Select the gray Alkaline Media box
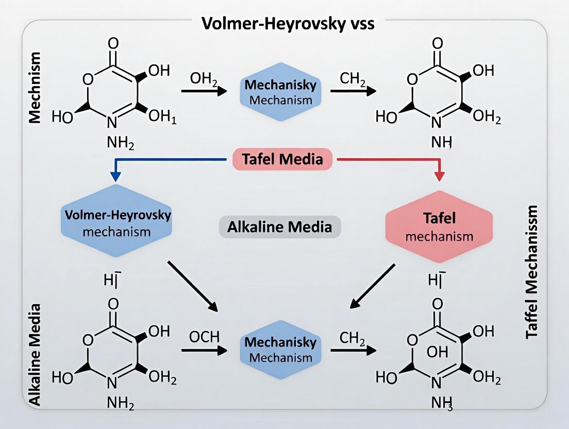[x=280, y=226]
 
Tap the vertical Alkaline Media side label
[x=35, y=355]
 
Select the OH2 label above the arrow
[x=204, y=79]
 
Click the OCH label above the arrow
[x=204, y=338]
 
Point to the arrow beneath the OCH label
[x=204, y=351]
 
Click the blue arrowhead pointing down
[x=116, y=175]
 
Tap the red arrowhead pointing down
[x=439, y=175]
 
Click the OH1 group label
[x=162, y=117]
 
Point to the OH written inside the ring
[x=437, y=353]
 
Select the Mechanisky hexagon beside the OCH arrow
[x=281, y=350]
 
